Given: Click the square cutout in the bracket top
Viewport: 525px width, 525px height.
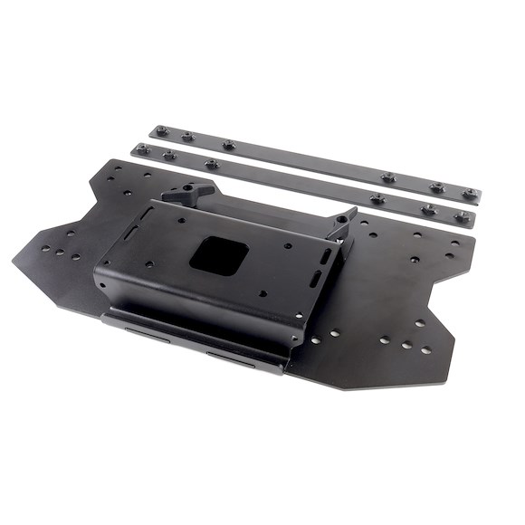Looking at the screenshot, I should click(x=218, y=253).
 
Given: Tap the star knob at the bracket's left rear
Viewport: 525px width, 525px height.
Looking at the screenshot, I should click(x=188, y=193).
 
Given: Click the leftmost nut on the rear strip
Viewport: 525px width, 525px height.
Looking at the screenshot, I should click(x=160, y=131).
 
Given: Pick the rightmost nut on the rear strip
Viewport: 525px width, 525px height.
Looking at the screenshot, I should click(x=470, y=194).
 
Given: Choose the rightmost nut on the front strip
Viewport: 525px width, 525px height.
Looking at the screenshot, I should click(x=462, y=216).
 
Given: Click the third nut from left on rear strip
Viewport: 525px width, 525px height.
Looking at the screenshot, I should click(x=227, y=144).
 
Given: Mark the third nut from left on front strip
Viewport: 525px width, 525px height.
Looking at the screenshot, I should click(x=210, y=165).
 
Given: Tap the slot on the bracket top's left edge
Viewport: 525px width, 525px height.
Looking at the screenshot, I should click(x=129, y=234).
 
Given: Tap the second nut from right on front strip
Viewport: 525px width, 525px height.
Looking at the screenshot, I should click(x=429, y=209).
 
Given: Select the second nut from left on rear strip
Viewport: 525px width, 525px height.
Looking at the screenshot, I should click(x=186, y=137).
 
